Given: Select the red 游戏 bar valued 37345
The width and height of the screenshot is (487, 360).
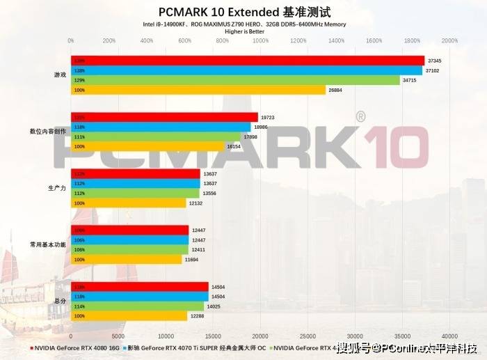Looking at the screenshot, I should click(248, 61).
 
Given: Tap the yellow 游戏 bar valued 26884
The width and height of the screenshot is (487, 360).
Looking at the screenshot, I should click(198, 90).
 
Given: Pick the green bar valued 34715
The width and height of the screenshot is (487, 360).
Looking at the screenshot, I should click(235, 80).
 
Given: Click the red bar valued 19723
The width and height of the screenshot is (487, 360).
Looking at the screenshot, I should click(164, 117).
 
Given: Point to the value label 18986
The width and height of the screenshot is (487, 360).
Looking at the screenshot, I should click(261, 127).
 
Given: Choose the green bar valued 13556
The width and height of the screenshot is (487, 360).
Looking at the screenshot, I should click(135, 193).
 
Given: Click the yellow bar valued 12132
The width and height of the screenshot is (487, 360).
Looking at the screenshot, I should click(128, 203).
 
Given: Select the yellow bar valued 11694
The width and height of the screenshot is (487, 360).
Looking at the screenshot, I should click(126, 259).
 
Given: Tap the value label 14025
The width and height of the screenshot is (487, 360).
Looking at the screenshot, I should click(214, 306).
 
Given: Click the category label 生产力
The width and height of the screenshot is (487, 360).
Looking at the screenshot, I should click(57, 188).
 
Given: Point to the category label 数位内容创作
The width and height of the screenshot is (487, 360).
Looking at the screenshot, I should click(48, 131).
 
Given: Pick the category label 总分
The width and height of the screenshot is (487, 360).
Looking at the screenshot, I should click(60, 302).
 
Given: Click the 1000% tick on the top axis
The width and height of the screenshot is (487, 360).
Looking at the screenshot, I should click(260, 41).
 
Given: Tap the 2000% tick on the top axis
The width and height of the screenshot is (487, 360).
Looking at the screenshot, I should click(449, 41).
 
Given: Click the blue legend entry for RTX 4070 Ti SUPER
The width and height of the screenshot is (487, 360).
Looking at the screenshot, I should click(195, 347).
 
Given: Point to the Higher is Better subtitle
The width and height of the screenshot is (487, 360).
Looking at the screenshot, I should click(243, 31).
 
